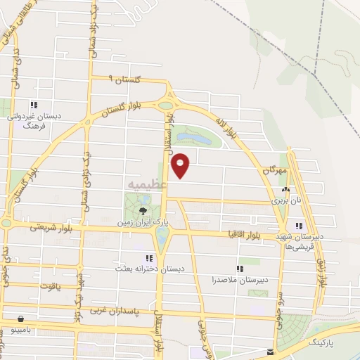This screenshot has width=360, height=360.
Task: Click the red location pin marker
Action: pyautogui.click(x=181, y=165)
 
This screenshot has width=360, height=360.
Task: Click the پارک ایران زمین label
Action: pyautogui.click(x=143, y=221)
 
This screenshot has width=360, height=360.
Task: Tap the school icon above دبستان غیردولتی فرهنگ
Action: pyautogui.click(x=33, y=105)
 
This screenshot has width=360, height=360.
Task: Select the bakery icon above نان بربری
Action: pyautogui.click(x=285, y=190)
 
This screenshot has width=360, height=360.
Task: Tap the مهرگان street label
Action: pyautogui.click(x=276, y=171)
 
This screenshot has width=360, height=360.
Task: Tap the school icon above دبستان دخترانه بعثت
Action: pyautogui.click(x=148, y=258)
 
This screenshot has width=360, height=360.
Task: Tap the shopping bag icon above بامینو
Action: pyautogui.click(x=20, y=318)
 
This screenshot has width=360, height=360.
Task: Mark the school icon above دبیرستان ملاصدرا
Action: pyautogui.click(x=240, y=269)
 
